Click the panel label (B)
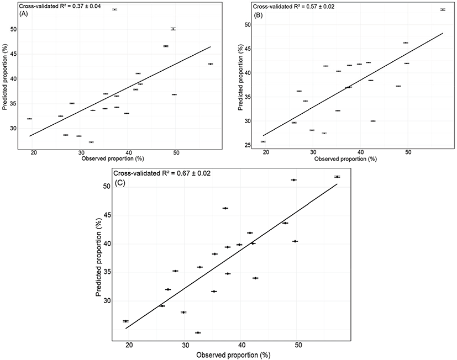point(258,14)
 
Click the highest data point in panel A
point(114,9)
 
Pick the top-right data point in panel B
point(443,9)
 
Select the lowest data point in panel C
point(198,332)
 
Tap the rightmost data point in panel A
point(211,64)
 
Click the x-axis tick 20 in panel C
point(129,345)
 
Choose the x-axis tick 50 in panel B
point(408,152)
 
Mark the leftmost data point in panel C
point(125,321)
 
